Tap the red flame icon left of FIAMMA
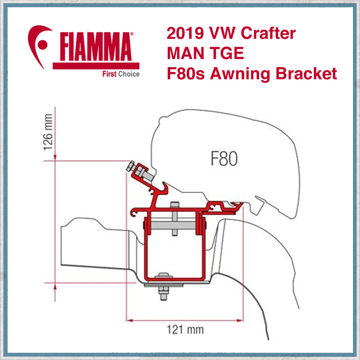coord(40,45)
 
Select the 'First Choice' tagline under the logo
coord(121,74)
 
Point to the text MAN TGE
coord(205,54)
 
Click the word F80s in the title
coord(186,74)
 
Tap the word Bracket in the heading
coord(306,74)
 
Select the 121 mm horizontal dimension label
coord(185,329)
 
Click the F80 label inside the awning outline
coord(224,159)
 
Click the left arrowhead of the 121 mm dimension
coord(129,320)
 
